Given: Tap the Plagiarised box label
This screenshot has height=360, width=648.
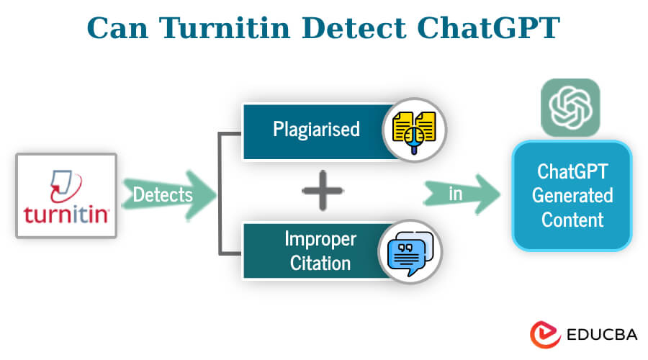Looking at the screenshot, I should [x=316, y=130].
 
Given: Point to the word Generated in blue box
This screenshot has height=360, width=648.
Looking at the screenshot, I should [x=572, y=195].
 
